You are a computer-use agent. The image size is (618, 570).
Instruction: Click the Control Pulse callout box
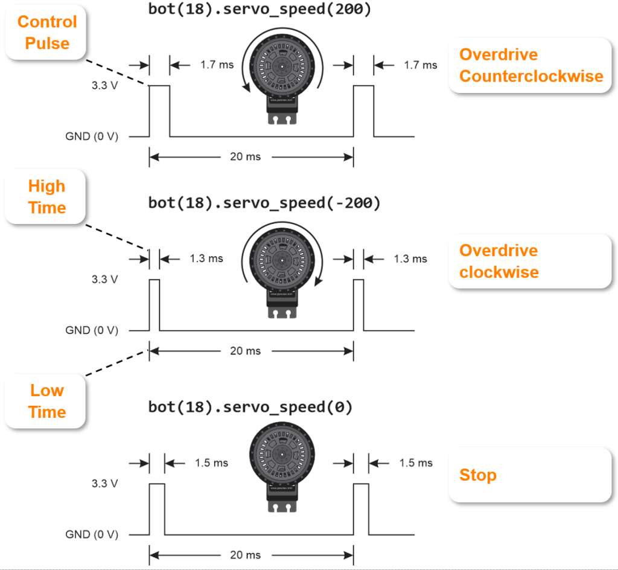[46, 33]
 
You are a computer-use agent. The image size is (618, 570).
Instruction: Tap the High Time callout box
[45, 197]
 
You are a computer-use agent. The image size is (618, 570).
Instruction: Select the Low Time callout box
[45, 402]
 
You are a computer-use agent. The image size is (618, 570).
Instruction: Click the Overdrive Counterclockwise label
[531, 65]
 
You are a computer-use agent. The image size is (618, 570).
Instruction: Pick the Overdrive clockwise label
[499, 261]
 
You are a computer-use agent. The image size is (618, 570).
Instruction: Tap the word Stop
[478, 475]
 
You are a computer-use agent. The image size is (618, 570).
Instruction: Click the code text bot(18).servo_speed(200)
[260, 10]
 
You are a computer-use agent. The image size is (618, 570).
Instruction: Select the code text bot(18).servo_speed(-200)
[264, 203]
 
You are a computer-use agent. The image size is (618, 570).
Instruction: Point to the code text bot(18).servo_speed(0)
[250, 407]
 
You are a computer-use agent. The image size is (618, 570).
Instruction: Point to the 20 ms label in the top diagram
[245, 157]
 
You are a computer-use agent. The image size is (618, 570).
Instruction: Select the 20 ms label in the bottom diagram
[245, 555]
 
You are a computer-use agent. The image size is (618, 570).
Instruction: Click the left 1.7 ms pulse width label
[217, 65]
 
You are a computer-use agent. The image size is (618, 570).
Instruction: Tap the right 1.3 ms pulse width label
[410, 259]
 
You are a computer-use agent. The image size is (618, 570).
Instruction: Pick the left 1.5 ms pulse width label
[212, 463]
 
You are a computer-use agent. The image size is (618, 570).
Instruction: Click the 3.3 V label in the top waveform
[105, 86]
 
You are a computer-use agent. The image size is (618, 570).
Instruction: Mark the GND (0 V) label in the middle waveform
[92, 330]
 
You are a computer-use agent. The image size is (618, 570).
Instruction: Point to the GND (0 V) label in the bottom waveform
[92, 534]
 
